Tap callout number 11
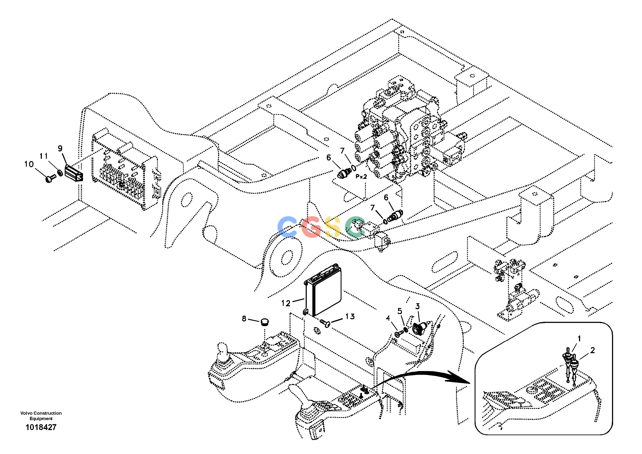click(43, 156)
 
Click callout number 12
click(286, 303)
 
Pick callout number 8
click(244, 319)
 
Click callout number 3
click(417, 306)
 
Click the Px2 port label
click(361, 177)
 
